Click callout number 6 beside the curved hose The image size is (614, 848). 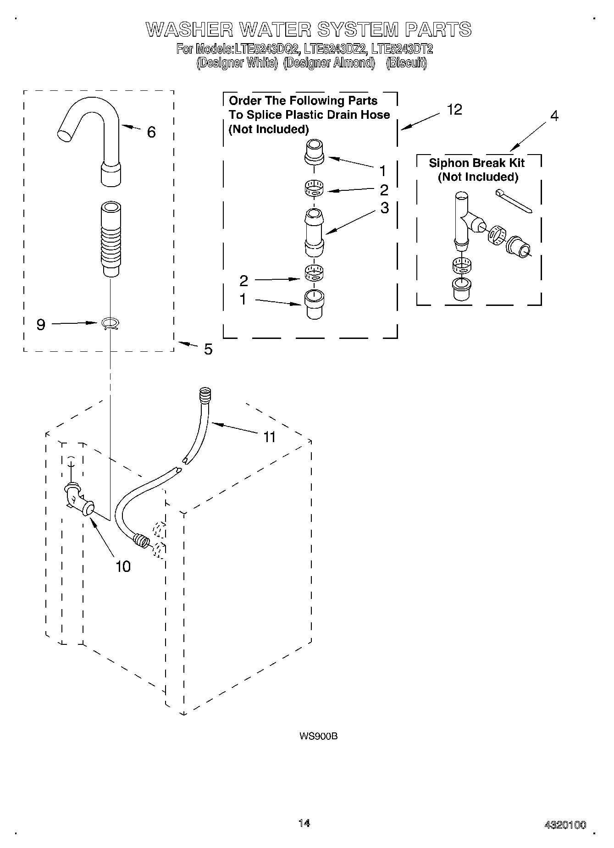click(x=151, y=133)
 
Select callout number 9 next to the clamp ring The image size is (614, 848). click(x=41, y=325)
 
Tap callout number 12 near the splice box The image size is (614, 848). click(x=454, y=110)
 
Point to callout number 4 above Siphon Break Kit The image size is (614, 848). click(x=554, y=116)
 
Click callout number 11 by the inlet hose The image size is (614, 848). click(x=269, y=437)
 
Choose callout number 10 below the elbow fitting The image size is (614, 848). click(x=123, y=567)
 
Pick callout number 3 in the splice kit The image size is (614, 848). click(x=384, y=208)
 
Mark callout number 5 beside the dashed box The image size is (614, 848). click(x=208, y=349)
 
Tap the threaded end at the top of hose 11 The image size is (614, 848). click(x=205, y=394)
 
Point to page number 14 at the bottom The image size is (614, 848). click(x=304, y=823)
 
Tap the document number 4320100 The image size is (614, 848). click(x=565, y=826)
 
